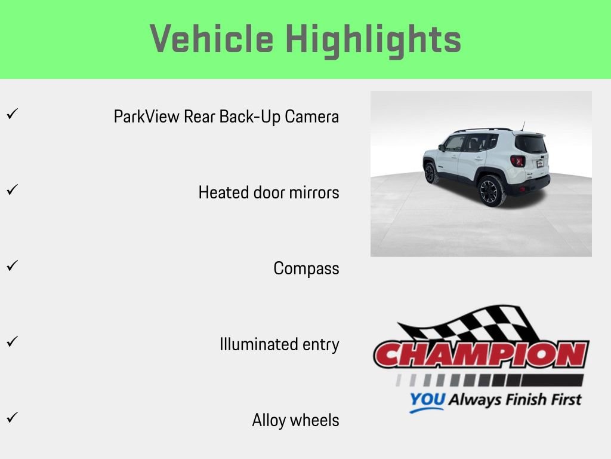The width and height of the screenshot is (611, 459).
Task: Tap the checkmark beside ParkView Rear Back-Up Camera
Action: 11,113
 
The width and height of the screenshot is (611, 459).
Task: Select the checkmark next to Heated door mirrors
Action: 11,189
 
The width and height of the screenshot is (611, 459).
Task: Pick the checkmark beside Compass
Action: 11,265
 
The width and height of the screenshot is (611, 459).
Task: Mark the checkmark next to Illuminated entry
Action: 11,341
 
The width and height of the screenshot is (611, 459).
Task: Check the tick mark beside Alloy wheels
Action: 11,417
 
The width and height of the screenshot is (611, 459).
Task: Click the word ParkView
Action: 146,116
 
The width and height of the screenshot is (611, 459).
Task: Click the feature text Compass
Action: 306,269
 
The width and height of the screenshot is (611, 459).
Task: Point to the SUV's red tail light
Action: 517,161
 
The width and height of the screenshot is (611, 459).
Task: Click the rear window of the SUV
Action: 530,144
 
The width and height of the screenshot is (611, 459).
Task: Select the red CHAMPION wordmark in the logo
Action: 481,354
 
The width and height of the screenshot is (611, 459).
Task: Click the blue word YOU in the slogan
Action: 427,400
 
